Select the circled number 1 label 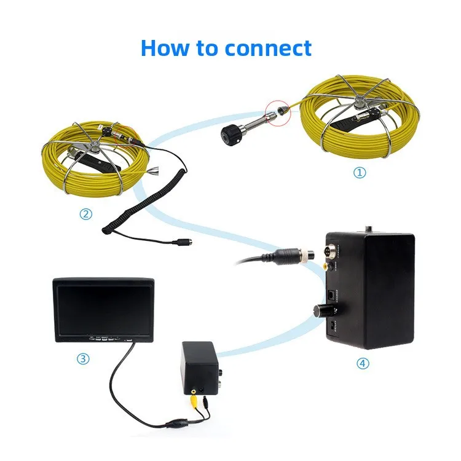pyautogui.click(x=360, y=173)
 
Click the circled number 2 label pyautogui.click(x=86, y=215)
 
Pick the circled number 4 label pyautogui.click(x=363, y=363)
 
